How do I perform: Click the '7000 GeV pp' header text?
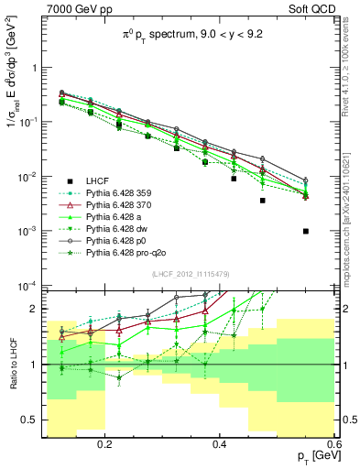point(76,10)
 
